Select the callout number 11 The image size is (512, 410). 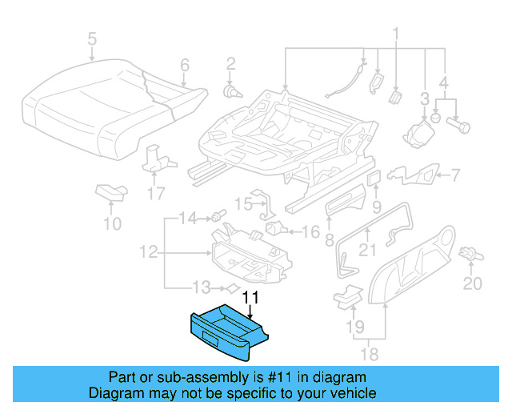[251, 298]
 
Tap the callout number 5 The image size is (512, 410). [92, 38]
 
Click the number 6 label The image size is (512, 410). [184, 65]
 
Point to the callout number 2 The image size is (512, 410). [230, 63]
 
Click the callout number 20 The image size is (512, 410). [474, 283]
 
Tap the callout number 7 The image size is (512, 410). [455, 175]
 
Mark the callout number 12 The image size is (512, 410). [148, 253]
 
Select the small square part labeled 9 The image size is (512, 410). [374, 175]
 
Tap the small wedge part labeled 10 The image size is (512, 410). [110, 191]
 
